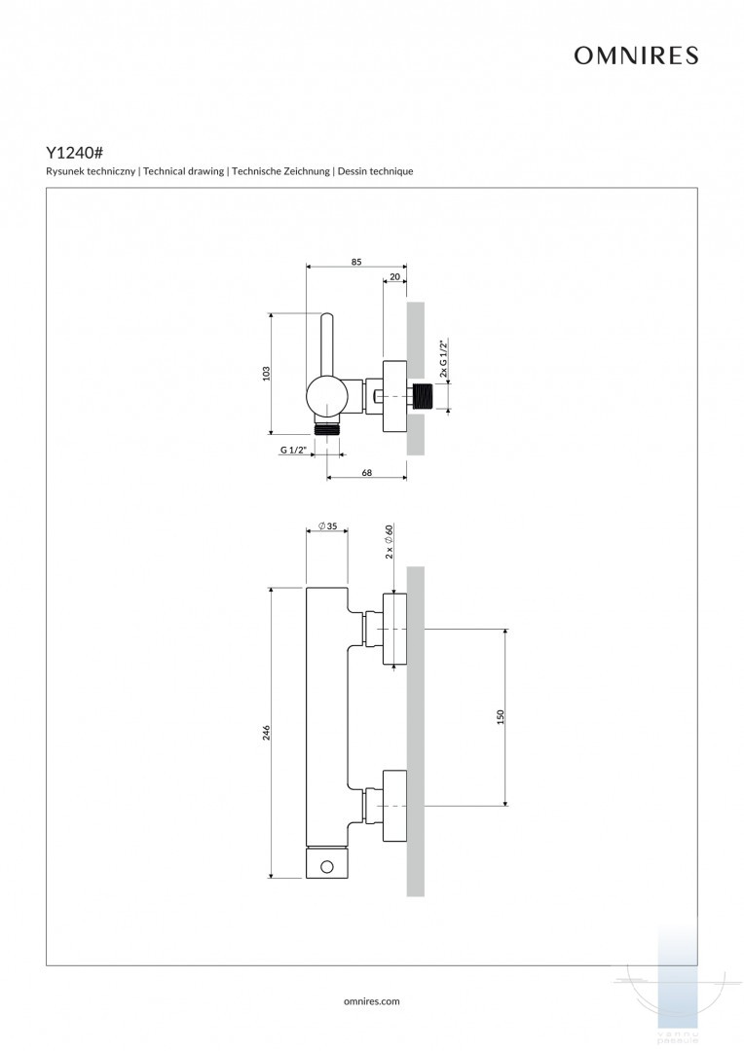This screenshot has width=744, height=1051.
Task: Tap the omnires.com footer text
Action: (x=372, y=1000)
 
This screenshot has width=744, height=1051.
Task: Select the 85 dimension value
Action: (x=356, y=261)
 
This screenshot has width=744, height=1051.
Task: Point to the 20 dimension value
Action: (x=394, y=277)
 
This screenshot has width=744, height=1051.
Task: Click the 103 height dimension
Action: (x=266, y=374)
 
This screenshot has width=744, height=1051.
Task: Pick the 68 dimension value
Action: (x=367, y=473)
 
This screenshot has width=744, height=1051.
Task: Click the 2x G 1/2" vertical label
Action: (x=443, y=358)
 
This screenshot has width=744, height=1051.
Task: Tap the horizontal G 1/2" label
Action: (x=293, y=450)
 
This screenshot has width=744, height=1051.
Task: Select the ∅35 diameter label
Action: (x=327, y=526)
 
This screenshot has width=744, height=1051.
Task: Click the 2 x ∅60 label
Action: (x=388, y=541)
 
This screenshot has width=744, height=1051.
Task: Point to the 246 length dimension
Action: (x=266, y=732)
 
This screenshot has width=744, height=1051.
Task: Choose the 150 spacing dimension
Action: (x=501, y=716)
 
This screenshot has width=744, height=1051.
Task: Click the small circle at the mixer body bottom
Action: (x=327, y=866)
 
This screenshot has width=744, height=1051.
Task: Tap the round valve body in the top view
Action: (x=325, y=397)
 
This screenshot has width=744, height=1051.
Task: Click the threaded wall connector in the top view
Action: (x=422, y=397)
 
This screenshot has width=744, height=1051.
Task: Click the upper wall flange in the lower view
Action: (x=394, y=630)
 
